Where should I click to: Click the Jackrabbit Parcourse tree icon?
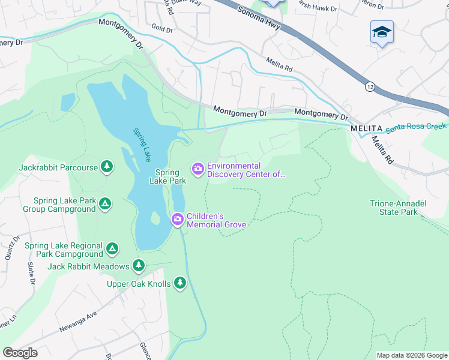click(x=107, y=166)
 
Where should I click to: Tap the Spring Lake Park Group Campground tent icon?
click(x=105, y=205)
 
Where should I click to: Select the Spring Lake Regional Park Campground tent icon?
click(x=112, y=248)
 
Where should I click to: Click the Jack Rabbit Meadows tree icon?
click(x=139, y=265)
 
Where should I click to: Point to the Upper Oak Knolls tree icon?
click(x=180, y=283)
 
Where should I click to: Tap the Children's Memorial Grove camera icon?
click(x=178, y=220)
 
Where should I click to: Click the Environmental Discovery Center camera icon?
click(x=197, y=170)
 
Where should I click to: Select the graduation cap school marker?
click(x=382, y=32)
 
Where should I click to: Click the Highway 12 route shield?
click(x=370, y=86)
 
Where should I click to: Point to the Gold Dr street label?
click(x=162, y=29)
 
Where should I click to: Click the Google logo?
click(x=20, y=352)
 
